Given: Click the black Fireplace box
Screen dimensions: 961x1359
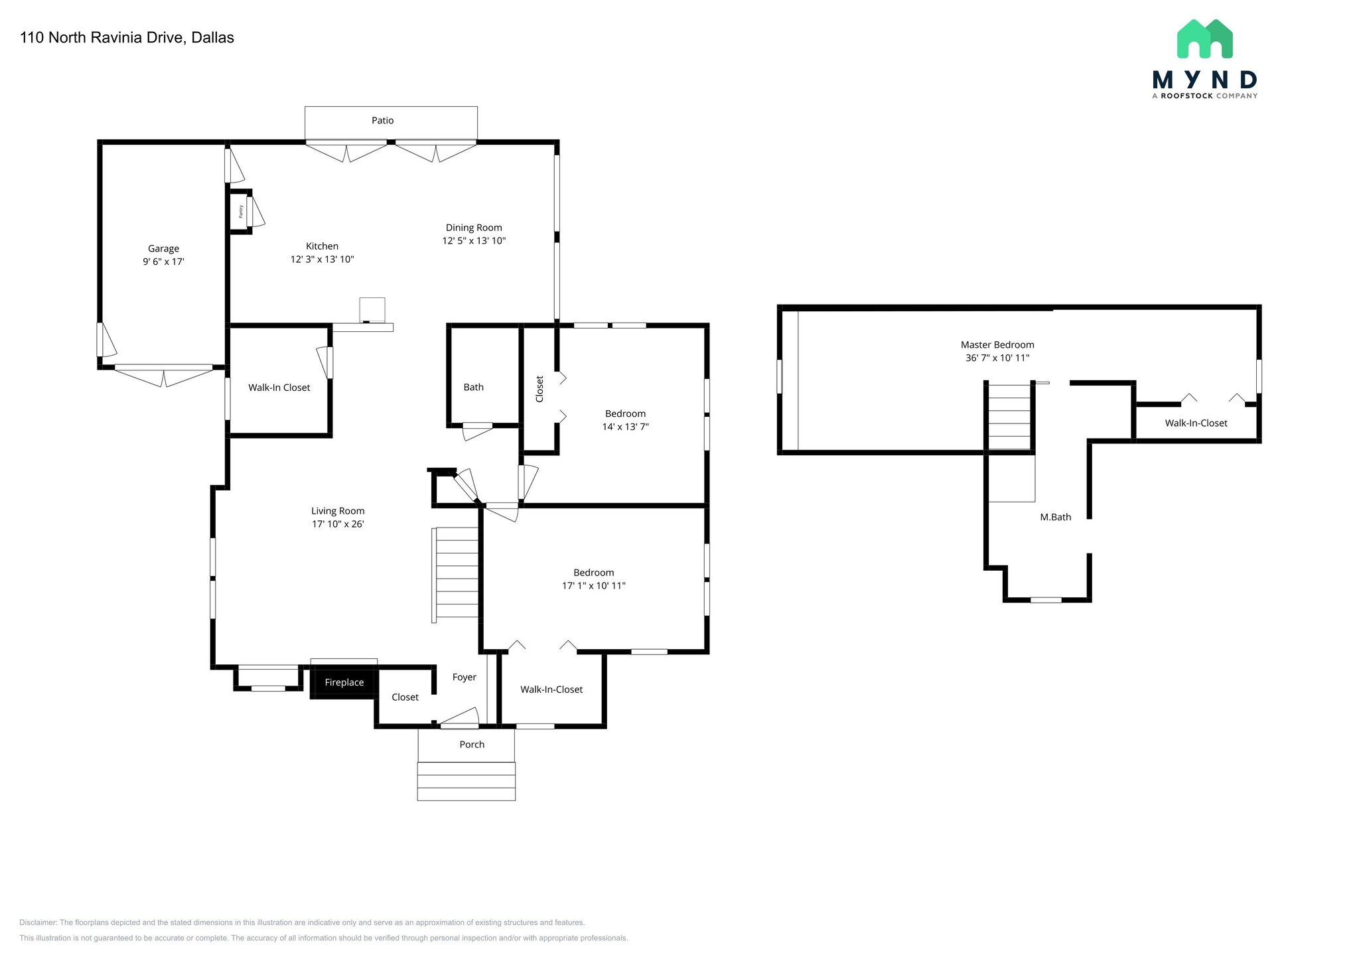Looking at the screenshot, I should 344,682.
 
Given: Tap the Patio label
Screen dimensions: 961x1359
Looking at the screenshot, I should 382,120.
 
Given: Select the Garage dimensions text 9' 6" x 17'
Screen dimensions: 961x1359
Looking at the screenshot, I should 163,261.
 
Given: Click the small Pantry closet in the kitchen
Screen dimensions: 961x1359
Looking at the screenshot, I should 240,212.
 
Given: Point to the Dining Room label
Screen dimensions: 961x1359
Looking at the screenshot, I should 474,228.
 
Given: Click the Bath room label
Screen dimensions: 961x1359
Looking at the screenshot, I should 473,387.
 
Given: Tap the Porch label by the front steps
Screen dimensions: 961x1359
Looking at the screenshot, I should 472,744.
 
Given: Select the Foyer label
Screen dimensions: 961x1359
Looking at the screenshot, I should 464,677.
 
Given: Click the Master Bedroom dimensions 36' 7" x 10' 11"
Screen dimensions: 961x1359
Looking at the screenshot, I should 997,358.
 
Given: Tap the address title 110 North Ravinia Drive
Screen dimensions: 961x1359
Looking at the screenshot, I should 127,37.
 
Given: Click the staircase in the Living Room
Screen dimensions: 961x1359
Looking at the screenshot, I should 457,574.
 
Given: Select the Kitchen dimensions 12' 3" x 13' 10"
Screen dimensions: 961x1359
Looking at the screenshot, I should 322,259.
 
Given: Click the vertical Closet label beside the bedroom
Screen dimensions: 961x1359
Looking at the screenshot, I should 539,389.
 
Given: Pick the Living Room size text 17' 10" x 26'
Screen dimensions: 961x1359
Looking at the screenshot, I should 338,524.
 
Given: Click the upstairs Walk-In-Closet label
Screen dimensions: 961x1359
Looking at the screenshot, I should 1196,423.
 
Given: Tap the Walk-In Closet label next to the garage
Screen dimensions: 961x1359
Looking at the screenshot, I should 279,387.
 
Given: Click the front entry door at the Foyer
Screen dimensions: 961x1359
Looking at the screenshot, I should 459,718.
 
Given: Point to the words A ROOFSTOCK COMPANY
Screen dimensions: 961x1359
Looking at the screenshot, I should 1204,96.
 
